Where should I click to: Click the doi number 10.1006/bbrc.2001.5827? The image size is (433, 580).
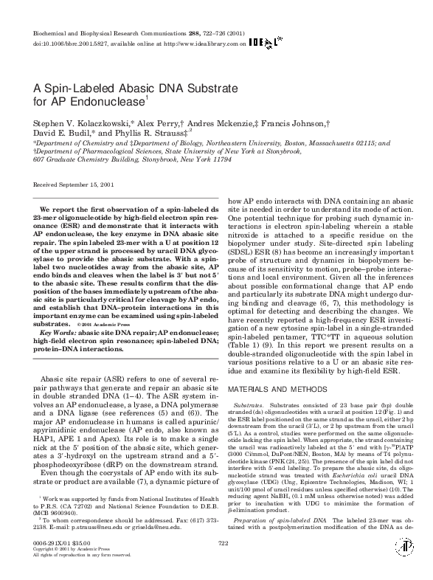click(82, 44)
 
